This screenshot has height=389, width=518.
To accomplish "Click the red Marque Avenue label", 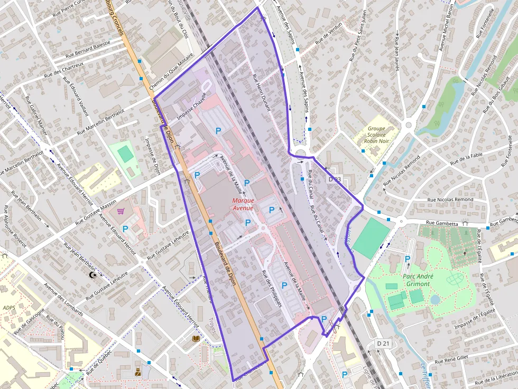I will pos(243,204).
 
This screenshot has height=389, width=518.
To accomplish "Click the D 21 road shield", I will pos(384,344).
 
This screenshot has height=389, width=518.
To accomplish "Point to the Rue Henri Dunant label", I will pos(261,92).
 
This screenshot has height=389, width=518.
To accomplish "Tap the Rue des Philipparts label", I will pos(272,289).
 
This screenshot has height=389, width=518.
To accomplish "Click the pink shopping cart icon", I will pos(121,211).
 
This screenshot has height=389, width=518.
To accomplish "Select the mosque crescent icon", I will pos(94,275).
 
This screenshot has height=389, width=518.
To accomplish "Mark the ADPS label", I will pos(9,308).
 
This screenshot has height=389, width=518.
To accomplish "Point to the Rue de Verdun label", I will pos(329,33).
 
